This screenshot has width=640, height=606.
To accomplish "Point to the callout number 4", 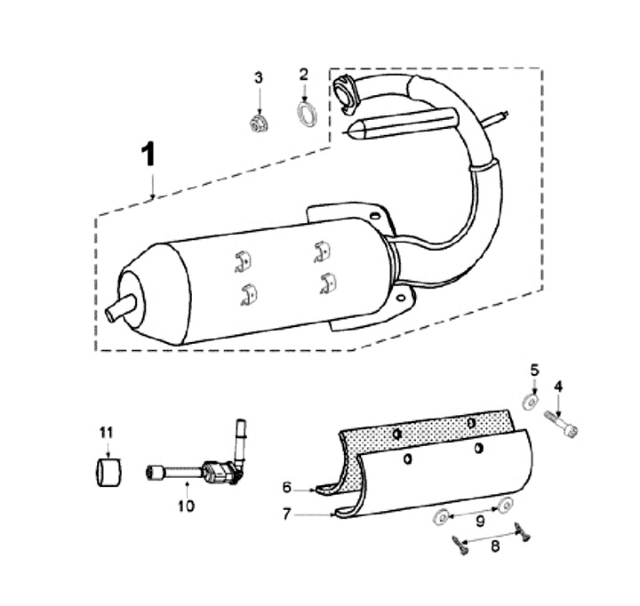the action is (559, 386).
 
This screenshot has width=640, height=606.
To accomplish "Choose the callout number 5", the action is (534, 368).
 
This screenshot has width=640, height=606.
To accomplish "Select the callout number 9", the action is (479, 520).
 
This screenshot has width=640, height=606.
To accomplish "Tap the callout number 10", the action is (187, 506).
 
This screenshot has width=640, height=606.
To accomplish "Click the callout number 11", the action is (107, 432).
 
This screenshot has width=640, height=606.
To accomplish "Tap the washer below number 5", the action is (531, 401).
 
